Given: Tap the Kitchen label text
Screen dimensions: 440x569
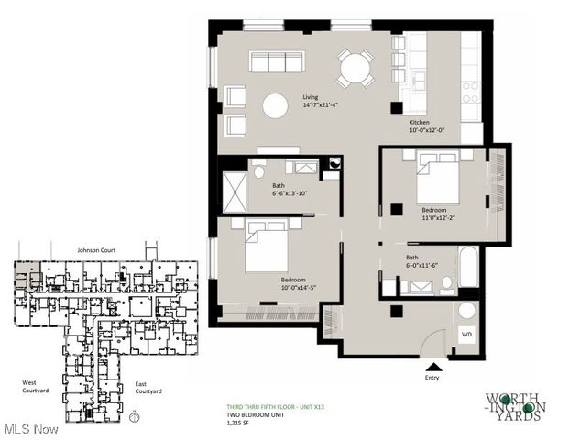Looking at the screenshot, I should [x=420, y=122].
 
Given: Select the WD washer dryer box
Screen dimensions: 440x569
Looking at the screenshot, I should [x=466, y=335].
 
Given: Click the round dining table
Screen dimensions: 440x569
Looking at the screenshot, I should [x=354, y=68].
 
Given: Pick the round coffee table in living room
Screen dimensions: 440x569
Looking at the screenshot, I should [x=275, y=105].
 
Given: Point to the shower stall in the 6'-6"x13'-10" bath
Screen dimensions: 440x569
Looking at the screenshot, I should [x=235, y=195].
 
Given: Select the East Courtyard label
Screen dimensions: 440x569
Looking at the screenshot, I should [x=148, y=387].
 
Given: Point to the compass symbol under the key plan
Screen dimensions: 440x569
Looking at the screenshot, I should [x=136, y=416].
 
